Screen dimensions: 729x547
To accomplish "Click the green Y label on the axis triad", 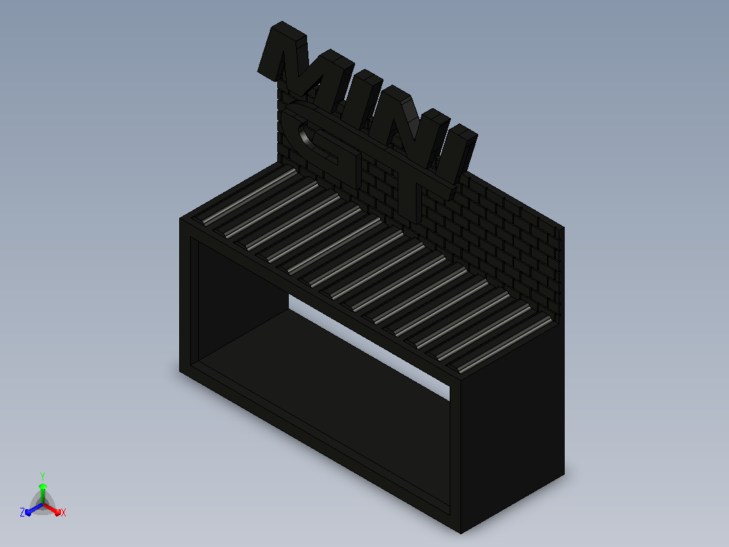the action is click(43, 476).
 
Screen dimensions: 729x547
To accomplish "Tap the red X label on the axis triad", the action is click(64, 512).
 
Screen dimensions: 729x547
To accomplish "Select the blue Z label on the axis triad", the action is click(22, 512).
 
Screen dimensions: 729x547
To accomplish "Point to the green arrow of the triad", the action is click(43, 493).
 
